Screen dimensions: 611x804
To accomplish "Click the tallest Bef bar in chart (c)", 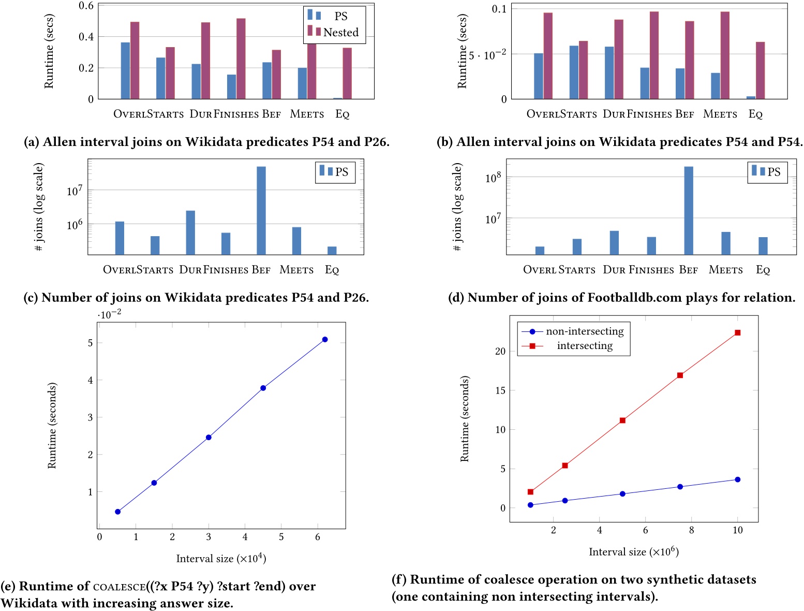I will click(261, 210).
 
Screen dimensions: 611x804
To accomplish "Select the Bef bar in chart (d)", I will click(689, 210).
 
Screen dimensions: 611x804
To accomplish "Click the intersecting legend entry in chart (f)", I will click(585, 346).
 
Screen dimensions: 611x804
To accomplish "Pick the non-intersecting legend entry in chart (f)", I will click(585, 331).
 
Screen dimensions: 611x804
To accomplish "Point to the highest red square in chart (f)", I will click(738, 332).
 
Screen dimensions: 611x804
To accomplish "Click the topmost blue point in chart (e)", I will click(325, 340).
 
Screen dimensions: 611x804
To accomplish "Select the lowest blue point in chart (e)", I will click(118, 512).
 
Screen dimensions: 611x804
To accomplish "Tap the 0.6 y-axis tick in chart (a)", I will click(86, 6).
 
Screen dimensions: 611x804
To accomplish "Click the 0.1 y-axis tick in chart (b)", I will click(499, 9).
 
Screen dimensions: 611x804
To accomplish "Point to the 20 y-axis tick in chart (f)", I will click(500, 351).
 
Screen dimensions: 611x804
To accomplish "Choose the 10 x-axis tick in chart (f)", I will click(738, 530).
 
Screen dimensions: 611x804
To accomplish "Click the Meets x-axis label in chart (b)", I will click(720, 114).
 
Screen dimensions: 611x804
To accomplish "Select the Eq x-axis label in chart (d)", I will click(763, 270).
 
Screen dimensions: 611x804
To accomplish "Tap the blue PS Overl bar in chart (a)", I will click(125, 70).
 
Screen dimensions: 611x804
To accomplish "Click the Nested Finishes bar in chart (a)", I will click(241, 59).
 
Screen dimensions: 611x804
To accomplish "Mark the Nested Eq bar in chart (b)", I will click(760, 70).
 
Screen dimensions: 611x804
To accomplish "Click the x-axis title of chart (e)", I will click(221, 558).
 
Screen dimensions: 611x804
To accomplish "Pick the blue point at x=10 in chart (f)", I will click(738, 479).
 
